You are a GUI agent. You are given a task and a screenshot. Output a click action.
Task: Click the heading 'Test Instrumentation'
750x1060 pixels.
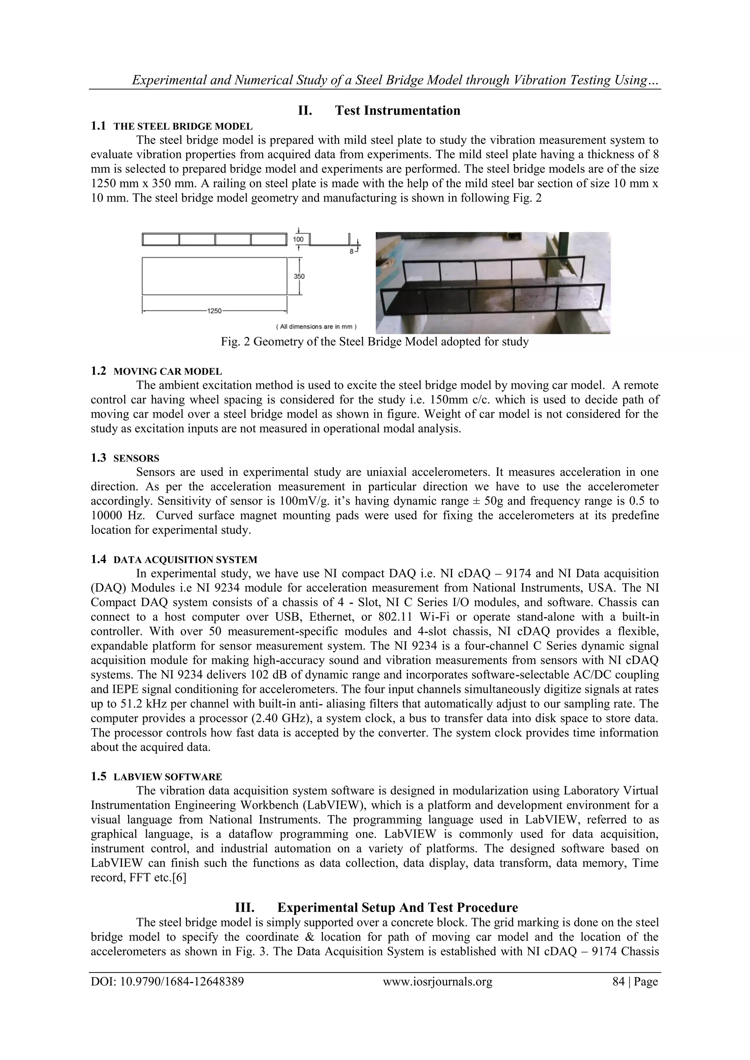(397, 111)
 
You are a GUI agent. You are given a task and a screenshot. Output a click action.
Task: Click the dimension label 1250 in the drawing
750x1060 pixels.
(214, 311)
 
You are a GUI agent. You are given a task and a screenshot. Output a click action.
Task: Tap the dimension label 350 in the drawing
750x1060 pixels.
(299, 277)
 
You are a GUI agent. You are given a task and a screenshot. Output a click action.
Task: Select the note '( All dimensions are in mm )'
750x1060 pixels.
(316, 327)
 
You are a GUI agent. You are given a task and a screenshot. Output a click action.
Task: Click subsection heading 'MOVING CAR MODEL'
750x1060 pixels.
(168, 371)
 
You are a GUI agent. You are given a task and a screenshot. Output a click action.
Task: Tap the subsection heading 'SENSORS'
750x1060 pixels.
(136, 458)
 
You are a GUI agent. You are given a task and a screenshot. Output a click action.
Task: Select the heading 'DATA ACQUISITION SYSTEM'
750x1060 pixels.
(185, 560)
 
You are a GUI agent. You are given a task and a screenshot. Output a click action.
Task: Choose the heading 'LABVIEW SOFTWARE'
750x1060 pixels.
(168, 777)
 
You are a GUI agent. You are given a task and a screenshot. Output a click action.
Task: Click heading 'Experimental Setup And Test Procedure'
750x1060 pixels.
(397, 908)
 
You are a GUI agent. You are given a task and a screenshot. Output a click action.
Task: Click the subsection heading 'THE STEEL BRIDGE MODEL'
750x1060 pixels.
(183, 127)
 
